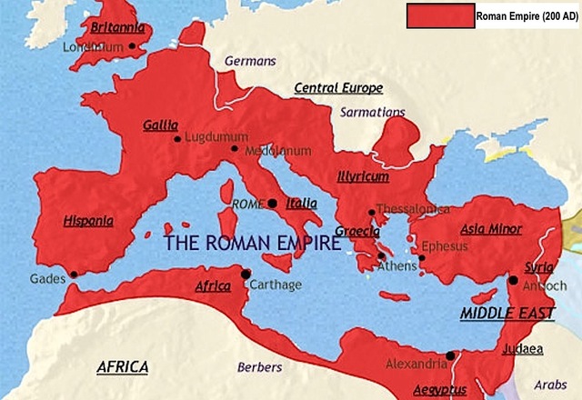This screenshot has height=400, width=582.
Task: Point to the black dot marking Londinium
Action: (x=133, y=45)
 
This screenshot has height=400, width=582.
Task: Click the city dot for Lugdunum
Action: (x=177, y=139)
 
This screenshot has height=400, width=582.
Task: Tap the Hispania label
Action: (x=88, y=220)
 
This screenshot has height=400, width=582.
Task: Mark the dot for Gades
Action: (x=74, y=274)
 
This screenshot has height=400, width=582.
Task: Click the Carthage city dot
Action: (x=245, y=274)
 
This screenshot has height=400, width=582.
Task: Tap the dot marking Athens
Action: (x=382, y=256)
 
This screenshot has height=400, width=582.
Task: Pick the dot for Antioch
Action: (x=514, y=281)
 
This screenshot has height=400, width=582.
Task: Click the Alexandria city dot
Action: (x=450, y=355)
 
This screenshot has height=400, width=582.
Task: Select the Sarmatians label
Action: (x=371, y=112)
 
